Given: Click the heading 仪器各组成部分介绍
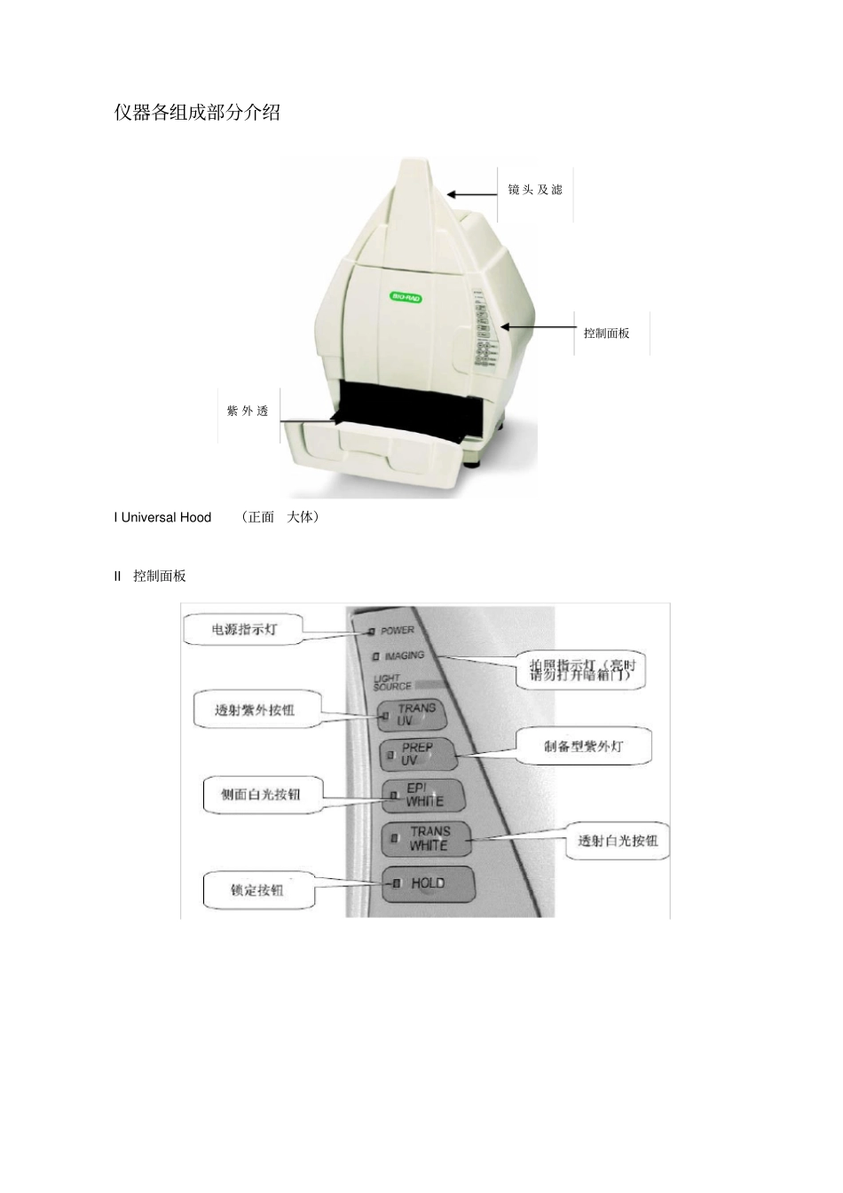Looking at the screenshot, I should click(197, 113).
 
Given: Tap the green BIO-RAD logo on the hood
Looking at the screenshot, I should click(406, 297).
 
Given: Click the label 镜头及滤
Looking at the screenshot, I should click(535, 190).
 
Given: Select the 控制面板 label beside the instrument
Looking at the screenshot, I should click(607, 334).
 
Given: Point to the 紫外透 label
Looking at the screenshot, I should click(248, 412).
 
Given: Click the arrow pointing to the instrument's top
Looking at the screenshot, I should click(471, 195).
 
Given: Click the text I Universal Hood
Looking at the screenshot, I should click(162, 517).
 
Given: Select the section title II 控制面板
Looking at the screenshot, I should click(150, 576).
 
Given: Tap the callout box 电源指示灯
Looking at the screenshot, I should click(244, 630).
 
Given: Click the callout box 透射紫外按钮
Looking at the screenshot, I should click(256, 710).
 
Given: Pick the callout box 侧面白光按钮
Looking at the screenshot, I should click(261, 794).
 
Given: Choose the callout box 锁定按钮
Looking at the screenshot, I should click(258, 890).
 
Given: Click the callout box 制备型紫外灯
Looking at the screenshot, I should click(584, 746).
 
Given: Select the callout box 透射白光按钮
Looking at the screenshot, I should click(618, 840).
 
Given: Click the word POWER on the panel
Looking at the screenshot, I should click(398, 631).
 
